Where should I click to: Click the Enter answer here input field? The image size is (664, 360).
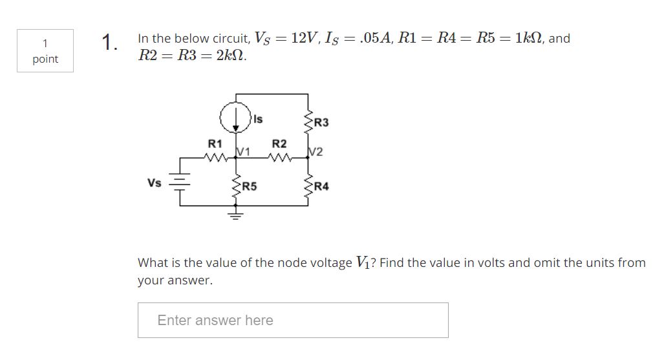(x=292, y=320)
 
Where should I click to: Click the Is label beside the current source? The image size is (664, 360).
(x=258, y=118)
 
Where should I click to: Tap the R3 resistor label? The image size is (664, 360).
(x=321, y=123)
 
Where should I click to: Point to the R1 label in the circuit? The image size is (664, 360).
(x=213, y=143)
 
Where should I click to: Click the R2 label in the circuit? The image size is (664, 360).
(x=279, y=143)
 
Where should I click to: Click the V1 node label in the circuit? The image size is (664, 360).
(x=243, y=152)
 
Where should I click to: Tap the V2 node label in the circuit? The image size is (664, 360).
(x=316, y=153)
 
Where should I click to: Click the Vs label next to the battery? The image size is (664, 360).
(x=154, y=183)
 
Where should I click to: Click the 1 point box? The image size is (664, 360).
(x=45, y=50)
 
